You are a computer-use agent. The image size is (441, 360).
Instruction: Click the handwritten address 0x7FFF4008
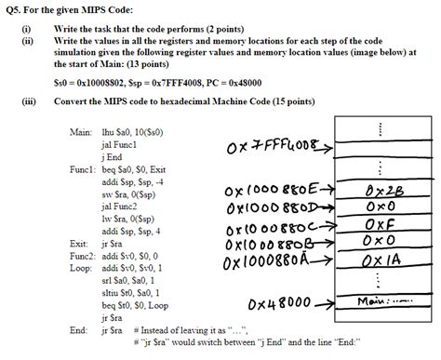[267, 146]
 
